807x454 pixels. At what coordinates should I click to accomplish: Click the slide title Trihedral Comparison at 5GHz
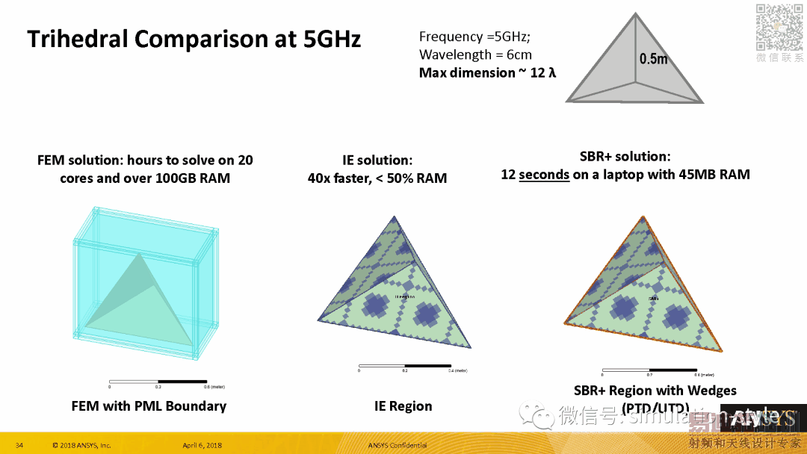194,38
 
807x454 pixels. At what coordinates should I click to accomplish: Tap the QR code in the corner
779,27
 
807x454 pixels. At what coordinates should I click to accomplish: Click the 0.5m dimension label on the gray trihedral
653,59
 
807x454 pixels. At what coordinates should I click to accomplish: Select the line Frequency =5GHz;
474,37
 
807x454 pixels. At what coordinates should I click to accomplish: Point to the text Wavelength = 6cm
475,55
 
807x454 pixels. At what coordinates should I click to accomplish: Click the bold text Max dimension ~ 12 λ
487,72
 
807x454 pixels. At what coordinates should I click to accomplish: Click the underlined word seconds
544,175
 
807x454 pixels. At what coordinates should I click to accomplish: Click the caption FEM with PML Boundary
149,406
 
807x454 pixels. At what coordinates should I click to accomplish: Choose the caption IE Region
403,406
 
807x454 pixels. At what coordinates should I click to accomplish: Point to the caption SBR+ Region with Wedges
655,391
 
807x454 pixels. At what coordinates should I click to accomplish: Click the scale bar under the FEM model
158,382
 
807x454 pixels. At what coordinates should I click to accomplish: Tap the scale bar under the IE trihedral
404,366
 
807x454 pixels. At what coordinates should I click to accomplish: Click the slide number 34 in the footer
19,446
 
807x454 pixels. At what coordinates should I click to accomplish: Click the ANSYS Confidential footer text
398,446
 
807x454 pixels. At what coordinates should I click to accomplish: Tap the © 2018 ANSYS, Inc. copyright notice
81,446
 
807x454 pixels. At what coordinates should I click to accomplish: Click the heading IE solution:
377,160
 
